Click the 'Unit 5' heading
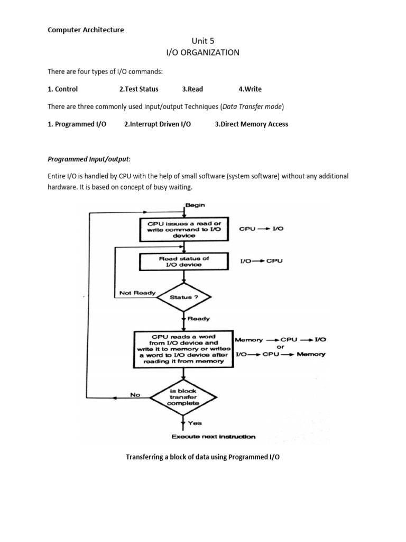[203, 41]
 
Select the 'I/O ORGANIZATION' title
[203, 52]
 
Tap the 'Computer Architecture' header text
[86, 30]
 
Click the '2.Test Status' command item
[139, 89]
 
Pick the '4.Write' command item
[250, 89]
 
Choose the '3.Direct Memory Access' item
[251, 124]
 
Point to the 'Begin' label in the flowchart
[195, 205]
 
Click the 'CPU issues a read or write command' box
[183, 229]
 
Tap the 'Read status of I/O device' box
[183, 261]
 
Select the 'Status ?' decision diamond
[183, 297]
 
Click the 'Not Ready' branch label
[136, 293]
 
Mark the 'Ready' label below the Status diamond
[198, 319]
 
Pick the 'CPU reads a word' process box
[183, 348]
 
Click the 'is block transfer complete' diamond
[183, 396]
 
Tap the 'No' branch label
[135, 394]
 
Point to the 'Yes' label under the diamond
[195, 423]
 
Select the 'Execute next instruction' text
[213, 437]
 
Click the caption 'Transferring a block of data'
[202, 457]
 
